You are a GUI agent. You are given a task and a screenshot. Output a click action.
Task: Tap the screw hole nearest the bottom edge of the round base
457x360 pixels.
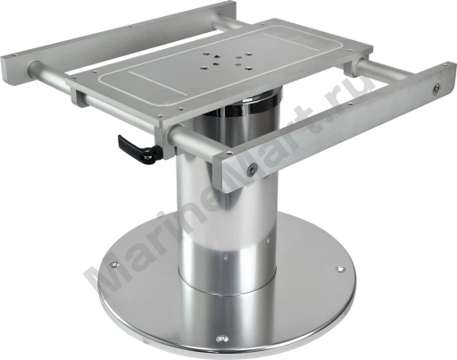coord(221,339)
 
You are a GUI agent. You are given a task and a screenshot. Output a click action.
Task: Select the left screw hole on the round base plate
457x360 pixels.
coord(114,264)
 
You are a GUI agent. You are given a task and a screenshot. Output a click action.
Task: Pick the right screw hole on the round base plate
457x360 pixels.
coord(341,269)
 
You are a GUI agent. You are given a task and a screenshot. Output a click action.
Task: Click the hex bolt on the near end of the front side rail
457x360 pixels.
coord(252,169)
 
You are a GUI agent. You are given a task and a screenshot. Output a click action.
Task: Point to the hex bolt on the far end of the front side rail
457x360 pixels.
coord(436,88)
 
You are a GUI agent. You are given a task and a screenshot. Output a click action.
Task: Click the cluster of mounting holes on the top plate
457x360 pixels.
coord(227,61)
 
